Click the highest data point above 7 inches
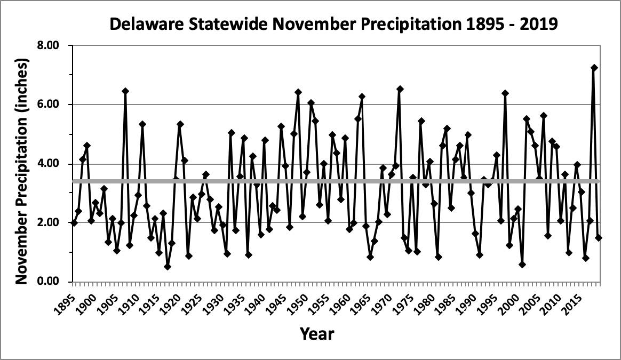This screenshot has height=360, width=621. [594, 68]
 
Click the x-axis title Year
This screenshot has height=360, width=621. [317, 334]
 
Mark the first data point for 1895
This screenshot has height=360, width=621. [74, 223]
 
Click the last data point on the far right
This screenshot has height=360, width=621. [598, 238]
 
